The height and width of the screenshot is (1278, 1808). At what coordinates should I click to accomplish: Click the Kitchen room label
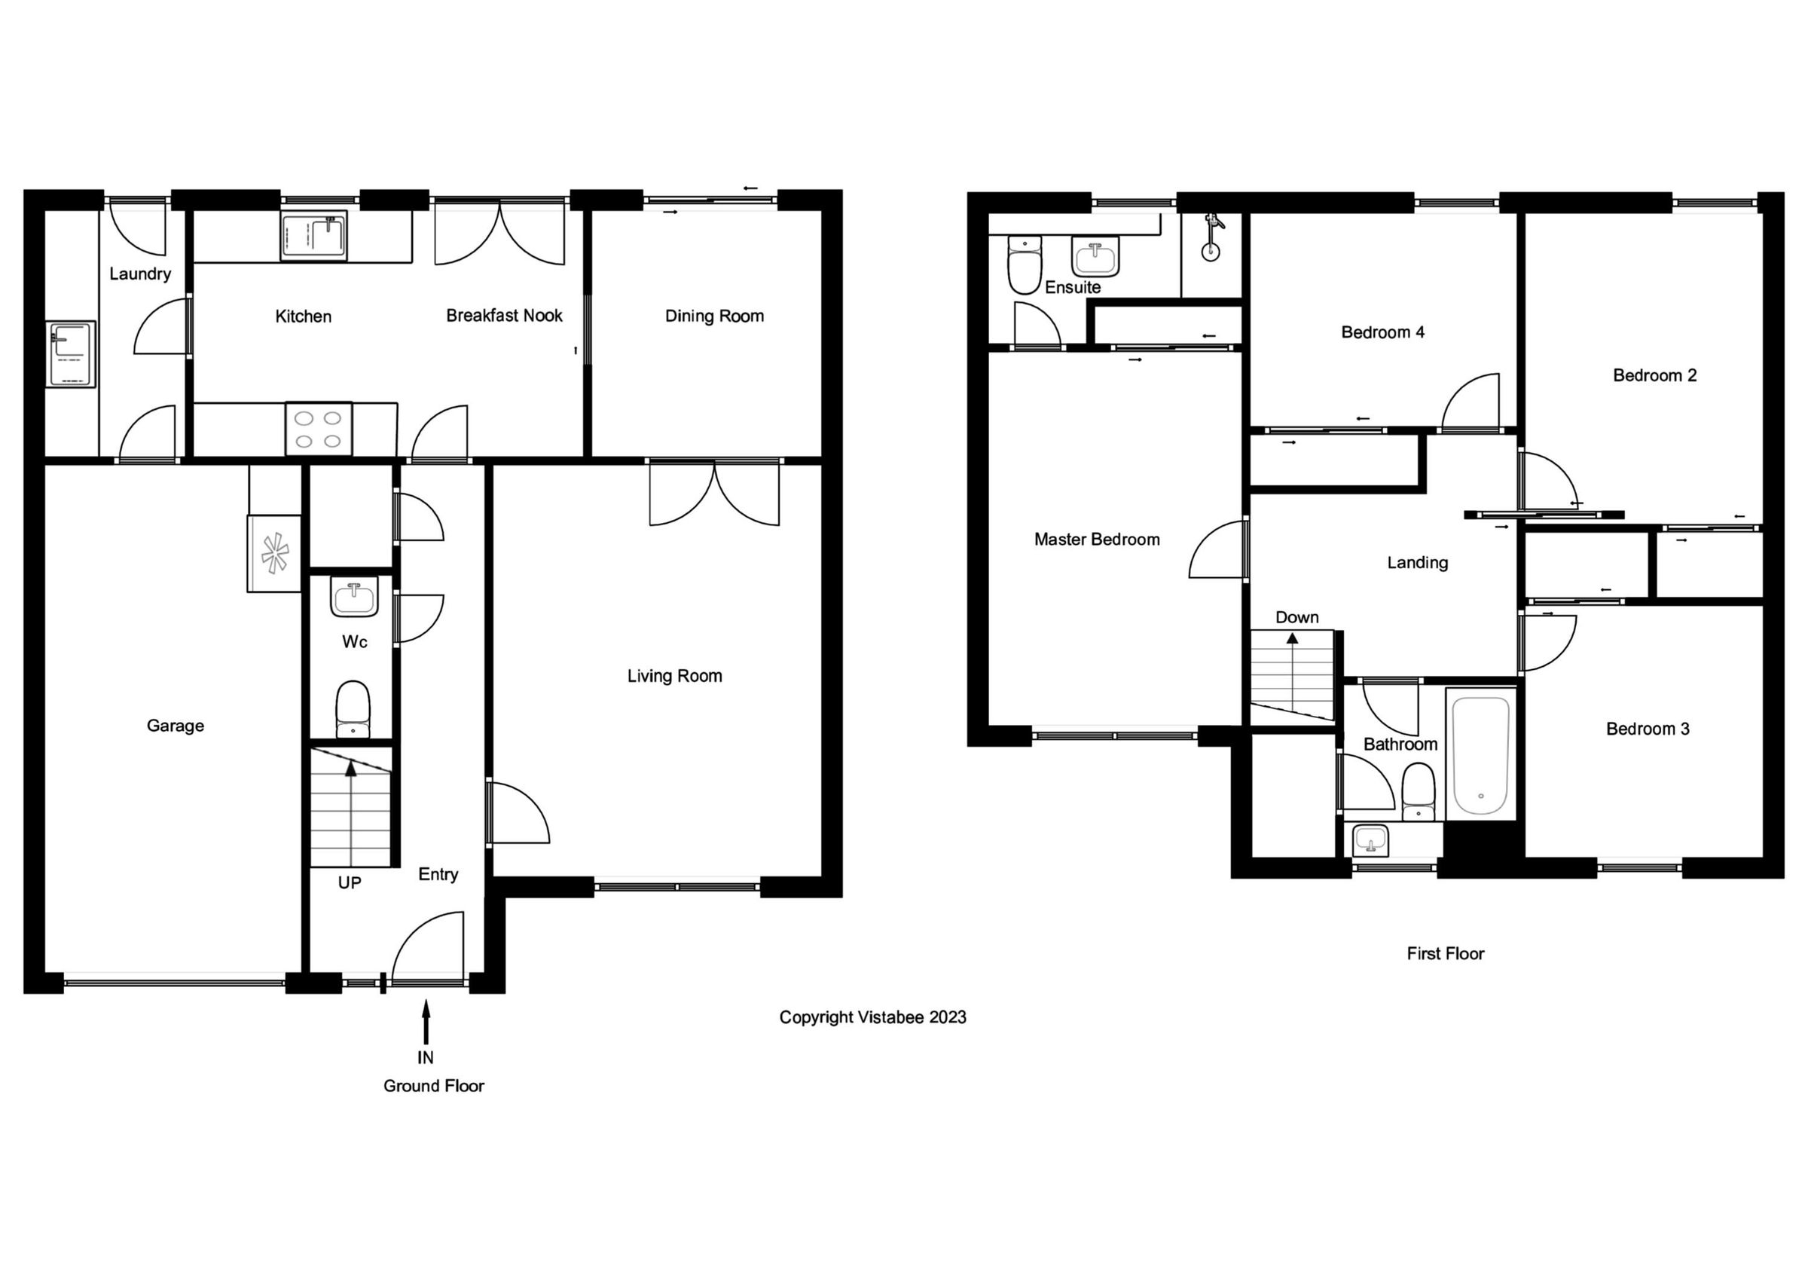pos(303,316)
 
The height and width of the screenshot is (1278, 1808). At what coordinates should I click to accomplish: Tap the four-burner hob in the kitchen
pos(319,430)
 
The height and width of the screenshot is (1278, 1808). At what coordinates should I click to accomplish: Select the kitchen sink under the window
pos(314,235)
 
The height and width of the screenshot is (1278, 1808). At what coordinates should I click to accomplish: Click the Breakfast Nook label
pos(504,316)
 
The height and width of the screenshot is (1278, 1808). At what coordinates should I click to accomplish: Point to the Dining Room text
pos(714,316)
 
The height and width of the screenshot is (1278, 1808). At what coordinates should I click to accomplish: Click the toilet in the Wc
pos(353,708)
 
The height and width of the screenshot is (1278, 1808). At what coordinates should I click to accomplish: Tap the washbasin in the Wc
pos(354,598)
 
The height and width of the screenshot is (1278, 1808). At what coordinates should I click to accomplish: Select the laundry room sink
pos(71,354)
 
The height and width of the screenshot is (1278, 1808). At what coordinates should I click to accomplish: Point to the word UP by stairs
pos(350,883)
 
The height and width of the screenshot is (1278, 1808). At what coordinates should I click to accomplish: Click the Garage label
pos(176,726)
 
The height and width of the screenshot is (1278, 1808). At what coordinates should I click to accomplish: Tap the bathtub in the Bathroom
pos(1481,755)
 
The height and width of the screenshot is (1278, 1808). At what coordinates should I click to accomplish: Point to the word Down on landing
pos(1297,617)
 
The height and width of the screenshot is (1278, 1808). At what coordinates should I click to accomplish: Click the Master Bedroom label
pos(1097,540)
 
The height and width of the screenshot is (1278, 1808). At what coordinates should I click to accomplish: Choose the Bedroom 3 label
pos(1648,729)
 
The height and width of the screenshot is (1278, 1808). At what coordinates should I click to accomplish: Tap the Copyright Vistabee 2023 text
pos(872,1017)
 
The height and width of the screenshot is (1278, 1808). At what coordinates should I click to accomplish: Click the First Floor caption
pos(1445,953)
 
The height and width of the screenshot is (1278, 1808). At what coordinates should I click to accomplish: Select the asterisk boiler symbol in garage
pos(275,553)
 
